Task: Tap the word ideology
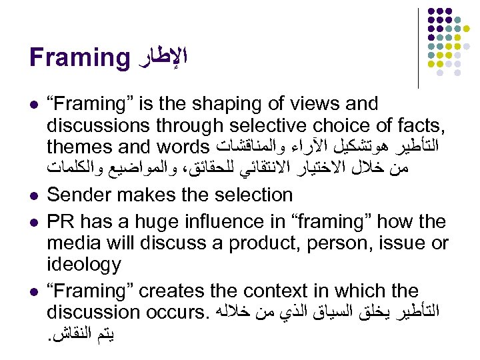tap(84, 265)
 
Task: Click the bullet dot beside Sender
tap(33, 195)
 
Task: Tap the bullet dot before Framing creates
tap(33, 291)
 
